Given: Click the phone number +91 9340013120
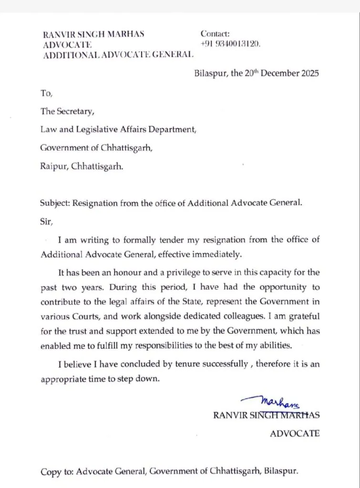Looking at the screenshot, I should pyautogui.click(x=230, y=44).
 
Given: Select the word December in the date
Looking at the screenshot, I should pyautogui.click(x=274, y=74).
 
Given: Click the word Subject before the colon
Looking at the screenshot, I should pyautogui.click(x=55, y=202).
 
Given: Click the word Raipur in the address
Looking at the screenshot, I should pyautogui.click(x=53, y=168).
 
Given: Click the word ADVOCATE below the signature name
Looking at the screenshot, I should pyautogui.click(x=295, y=433).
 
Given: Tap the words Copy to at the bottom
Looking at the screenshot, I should pyautogui.click(x=54, y=472).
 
